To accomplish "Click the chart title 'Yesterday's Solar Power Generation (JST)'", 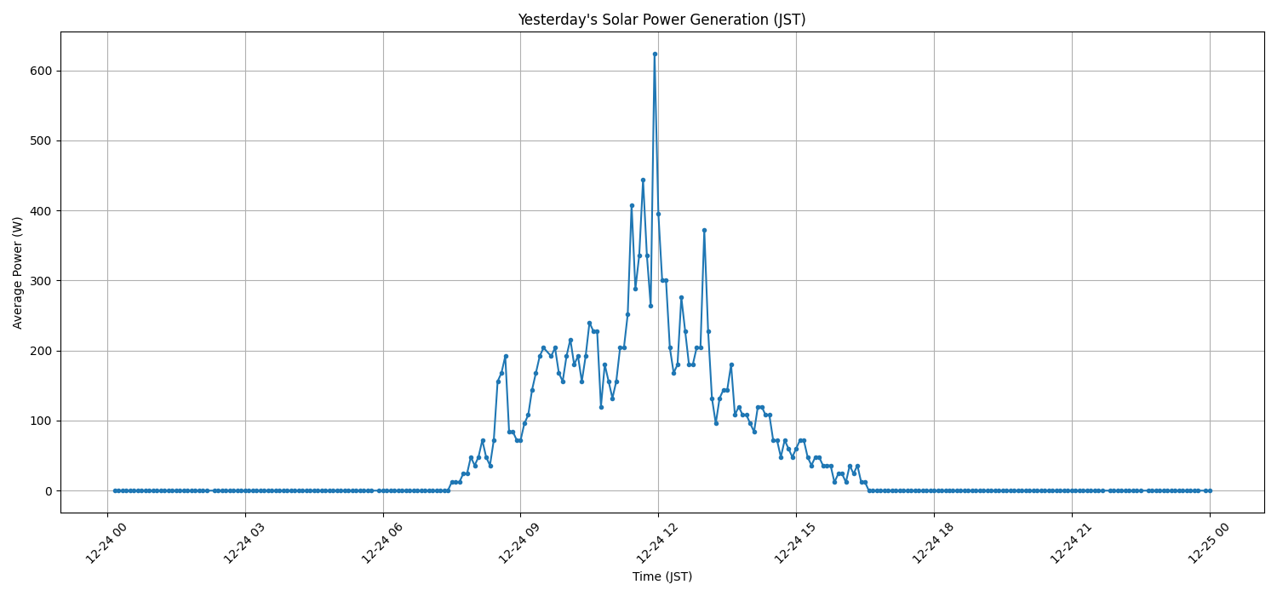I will [661, 20].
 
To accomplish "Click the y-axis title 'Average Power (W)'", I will [18, 272].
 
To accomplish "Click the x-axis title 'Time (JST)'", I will [661, 576].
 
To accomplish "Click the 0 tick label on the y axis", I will [48, 490].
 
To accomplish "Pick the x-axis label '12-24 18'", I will [934, 542].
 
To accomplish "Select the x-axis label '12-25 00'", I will [1210, 542].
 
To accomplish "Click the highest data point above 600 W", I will [655, 54].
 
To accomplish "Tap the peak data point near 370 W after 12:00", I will [704, 230].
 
